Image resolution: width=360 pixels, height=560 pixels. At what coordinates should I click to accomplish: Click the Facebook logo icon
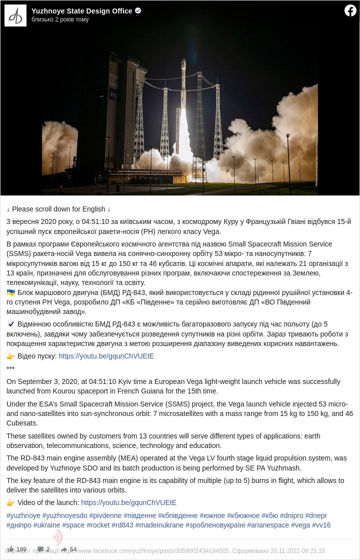pos(350,10)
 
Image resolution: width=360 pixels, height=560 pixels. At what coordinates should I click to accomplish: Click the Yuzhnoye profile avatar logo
pos(15,16)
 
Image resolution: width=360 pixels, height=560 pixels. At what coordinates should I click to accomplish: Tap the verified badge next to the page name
pos(138,10)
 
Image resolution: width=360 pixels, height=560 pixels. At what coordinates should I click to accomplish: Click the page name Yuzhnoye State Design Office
pos(81,11)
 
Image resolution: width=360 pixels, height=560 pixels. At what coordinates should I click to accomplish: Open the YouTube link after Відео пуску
pos(106,356)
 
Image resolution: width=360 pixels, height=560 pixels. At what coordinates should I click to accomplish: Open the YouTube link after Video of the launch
pos(128,502)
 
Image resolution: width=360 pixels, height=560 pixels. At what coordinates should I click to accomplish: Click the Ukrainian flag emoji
pos(11,292)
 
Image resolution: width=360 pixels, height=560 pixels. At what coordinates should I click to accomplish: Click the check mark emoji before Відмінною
pos(11,324)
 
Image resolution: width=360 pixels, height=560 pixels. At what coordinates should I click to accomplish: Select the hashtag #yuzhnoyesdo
pos(64,515)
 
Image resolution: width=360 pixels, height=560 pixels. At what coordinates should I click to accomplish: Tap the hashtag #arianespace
pos(268,525)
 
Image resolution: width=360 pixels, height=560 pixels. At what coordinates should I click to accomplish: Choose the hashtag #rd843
pos(122,525)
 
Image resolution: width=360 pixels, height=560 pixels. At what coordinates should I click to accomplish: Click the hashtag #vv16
pos(321,525)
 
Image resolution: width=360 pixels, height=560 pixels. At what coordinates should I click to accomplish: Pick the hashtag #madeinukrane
pos(159,525)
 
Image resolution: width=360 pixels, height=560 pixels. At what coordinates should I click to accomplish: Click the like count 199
pos(21,549)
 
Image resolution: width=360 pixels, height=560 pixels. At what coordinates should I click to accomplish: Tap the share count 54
pos(73,549)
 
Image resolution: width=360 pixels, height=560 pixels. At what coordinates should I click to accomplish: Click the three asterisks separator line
pos(10,369)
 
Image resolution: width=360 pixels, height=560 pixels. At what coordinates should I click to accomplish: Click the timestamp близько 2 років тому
pos(60,19)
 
